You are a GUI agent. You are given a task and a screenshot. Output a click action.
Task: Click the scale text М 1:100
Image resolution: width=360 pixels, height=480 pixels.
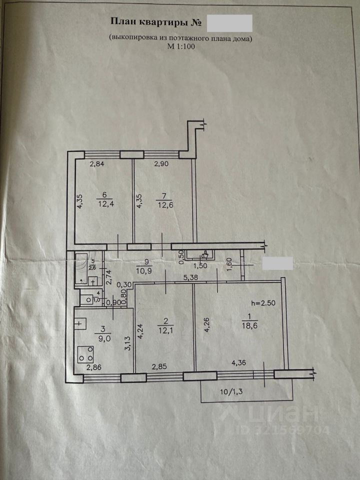(x=181, y=47)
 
